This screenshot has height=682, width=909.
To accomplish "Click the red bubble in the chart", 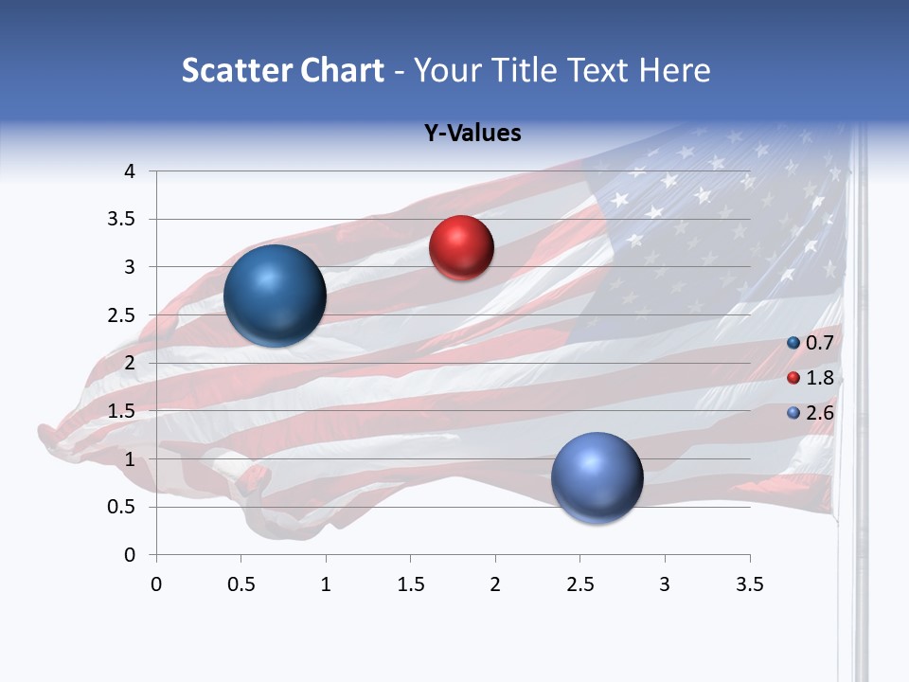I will pyautogui.click(x=461, y=248).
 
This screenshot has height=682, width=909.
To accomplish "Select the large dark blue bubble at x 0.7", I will pyautogui.click(x=275, y=296).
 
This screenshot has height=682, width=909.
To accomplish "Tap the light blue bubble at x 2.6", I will pyautogui.click(x=597, y=477).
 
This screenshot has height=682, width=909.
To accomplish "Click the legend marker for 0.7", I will pyautogui.click(x=793, y=343).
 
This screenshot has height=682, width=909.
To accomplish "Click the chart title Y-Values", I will pyautogui.click(x=472, y=134).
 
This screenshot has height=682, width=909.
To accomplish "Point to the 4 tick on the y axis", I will pyautogui.click(x=129, y=171).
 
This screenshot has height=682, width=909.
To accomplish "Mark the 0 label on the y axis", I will pyautogui.click(x=129, y=555).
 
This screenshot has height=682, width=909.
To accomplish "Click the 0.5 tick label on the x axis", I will pyautogui.click(x=241, y=584).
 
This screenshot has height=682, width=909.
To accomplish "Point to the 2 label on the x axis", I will pyautogui.click(x=495, y=584).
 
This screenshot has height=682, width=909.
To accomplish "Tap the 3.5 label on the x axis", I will pyautogui.click(x=749, y=584).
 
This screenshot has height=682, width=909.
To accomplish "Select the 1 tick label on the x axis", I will pyautogui.click(x=326, y=584).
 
